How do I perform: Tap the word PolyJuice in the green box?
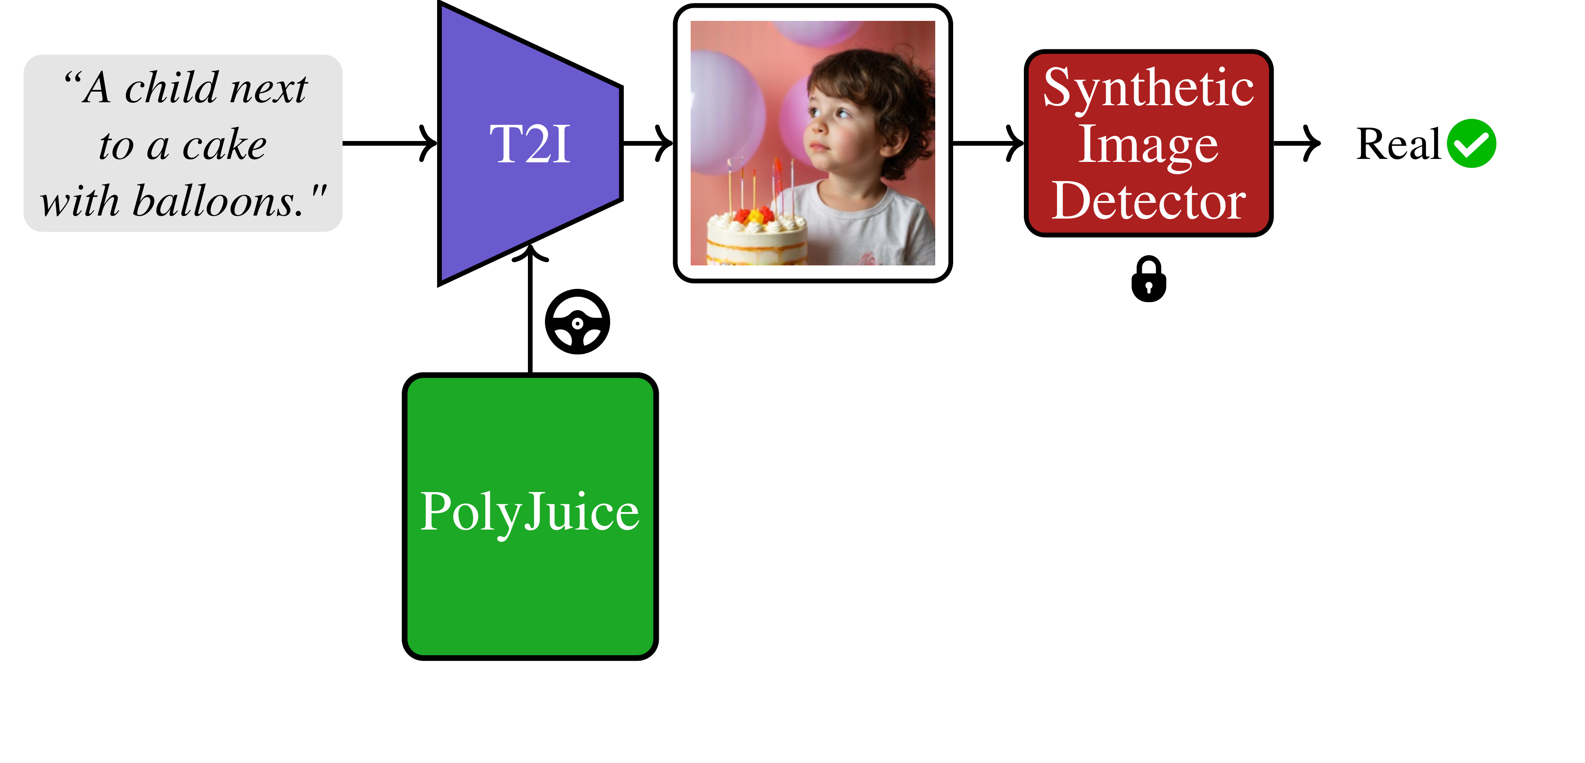[x=530, y=512]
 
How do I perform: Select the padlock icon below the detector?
[x=1148, y=279]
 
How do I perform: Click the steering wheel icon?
[x=577, y=322]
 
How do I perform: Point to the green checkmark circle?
[x=1471, y=144]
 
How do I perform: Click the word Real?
[x=1398, y=144]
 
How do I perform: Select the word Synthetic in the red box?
[x=1148, y=88]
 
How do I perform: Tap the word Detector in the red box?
[x=1148, y=201]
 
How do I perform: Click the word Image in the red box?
[x=1148, y=145]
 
